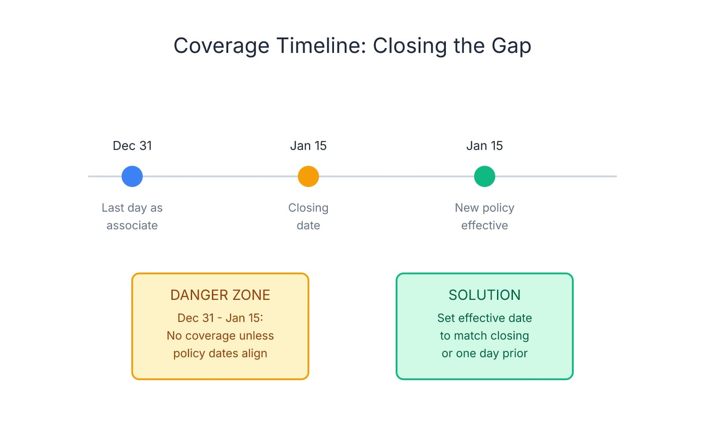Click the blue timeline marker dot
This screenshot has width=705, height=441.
pyautogui.click(x=132, y=176)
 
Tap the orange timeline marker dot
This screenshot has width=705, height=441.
pyautogui.click(x=308, y=176)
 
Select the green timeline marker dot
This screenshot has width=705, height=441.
pyautogui.click(x=485, y=176)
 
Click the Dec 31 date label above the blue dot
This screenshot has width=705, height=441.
pyautogui.click(x=132, y=146)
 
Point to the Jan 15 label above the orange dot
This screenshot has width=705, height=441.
pyautogui.click(x=308, y=146)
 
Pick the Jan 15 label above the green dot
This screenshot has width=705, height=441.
pyautogui.click(x=485, y=146)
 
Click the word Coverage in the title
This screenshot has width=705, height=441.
pyautogui.click(x=221, y=46)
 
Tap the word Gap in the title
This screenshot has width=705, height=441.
pyautogui.click(x=511, y=46)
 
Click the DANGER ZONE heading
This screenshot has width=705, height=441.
pyautogui.click(x=220, y=295)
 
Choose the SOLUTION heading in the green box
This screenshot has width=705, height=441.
pyautogui.click(x=485, y=295)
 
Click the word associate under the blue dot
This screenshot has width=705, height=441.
pyautogui.click(x=132, y=225)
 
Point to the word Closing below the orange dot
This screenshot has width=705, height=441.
pyautogui.click(x=308, y=208)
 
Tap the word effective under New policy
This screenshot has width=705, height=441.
pyautogui.click(x=485, y=225)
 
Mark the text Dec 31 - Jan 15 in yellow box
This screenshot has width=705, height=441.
pyautogui.click(x=220, y=318)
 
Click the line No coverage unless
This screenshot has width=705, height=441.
pyautogui.click(x=220, y=336)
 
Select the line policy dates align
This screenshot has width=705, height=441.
pyautogui.click(x=220, y=353)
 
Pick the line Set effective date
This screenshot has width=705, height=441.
pyautogui.click(x=485, y=318)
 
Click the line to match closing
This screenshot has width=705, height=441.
pyautogui.click(x=485, y=336)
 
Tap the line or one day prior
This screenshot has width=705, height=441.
pyautogui.click(x=485, y=353)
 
